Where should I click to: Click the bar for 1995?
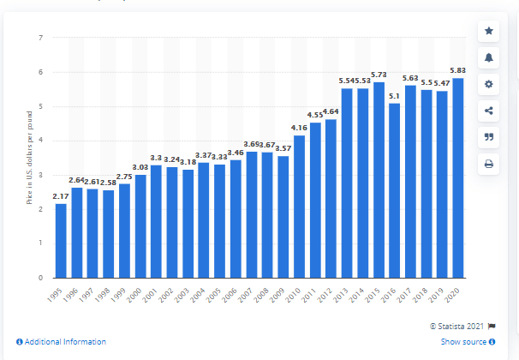60,241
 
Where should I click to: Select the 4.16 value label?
299,129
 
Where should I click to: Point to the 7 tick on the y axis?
40,38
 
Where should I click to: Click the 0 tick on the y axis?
40,278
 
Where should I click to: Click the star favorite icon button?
489,31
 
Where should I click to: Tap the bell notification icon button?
489,57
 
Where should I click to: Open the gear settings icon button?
489,84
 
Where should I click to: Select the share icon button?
489,111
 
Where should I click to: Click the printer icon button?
489,164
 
